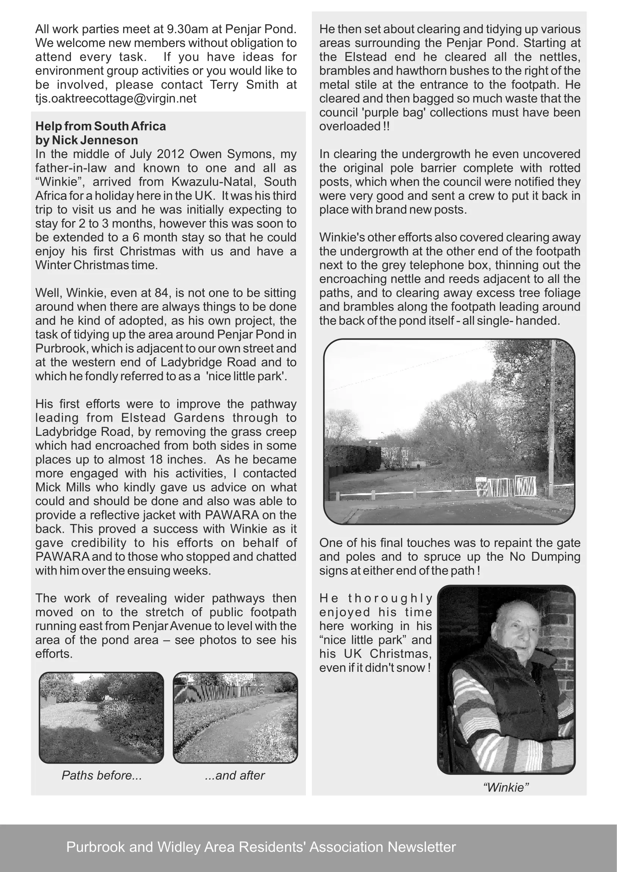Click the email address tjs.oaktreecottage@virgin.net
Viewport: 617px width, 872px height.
(x=116, y=98)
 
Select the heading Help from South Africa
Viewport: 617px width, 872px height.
(x=101, y=126)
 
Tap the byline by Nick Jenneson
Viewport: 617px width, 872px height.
(x=87, y=140)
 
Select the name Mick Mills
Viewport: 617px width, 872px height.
(x=58, y=487)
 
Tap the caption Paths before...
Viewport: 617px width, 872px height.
(x=101, y=775)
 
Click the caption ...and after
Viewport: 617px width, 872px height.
(x=234, y=775)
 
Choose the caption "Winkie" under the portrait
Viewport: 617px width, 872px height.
(x=506, y=787)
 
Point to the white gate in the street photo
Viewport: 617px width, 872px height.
(x=505, y=487)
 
